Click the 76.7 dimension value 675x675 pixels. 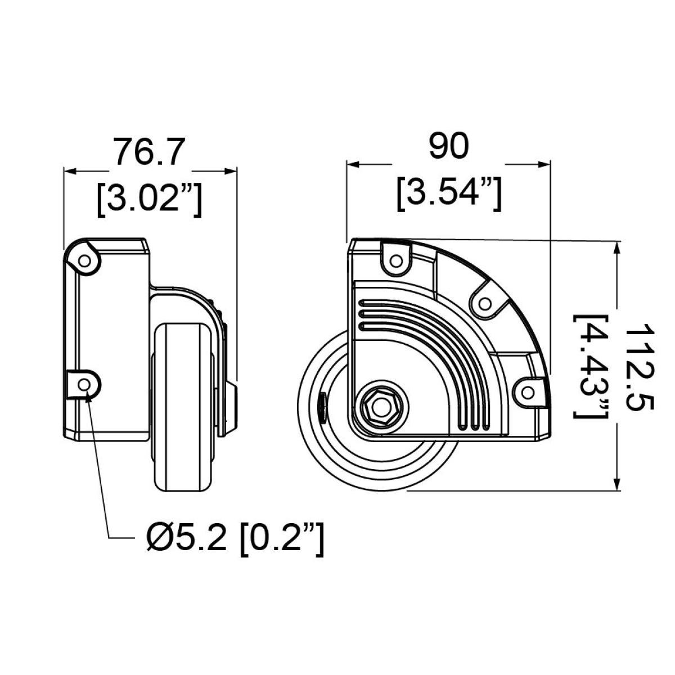tap(148, 152)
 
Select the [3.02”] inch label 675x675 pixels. tap(148, 200)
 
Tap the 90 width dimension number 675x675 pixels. tap(448, 147)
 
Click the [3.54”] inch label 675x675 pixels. tap(448, 194)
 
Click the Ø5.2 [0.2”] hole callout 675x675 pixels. tap(235, 539)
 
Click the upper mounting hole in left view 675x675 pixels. tap(84, 261)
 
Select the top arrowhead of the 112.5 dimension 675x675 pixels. tap(618, 245)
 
